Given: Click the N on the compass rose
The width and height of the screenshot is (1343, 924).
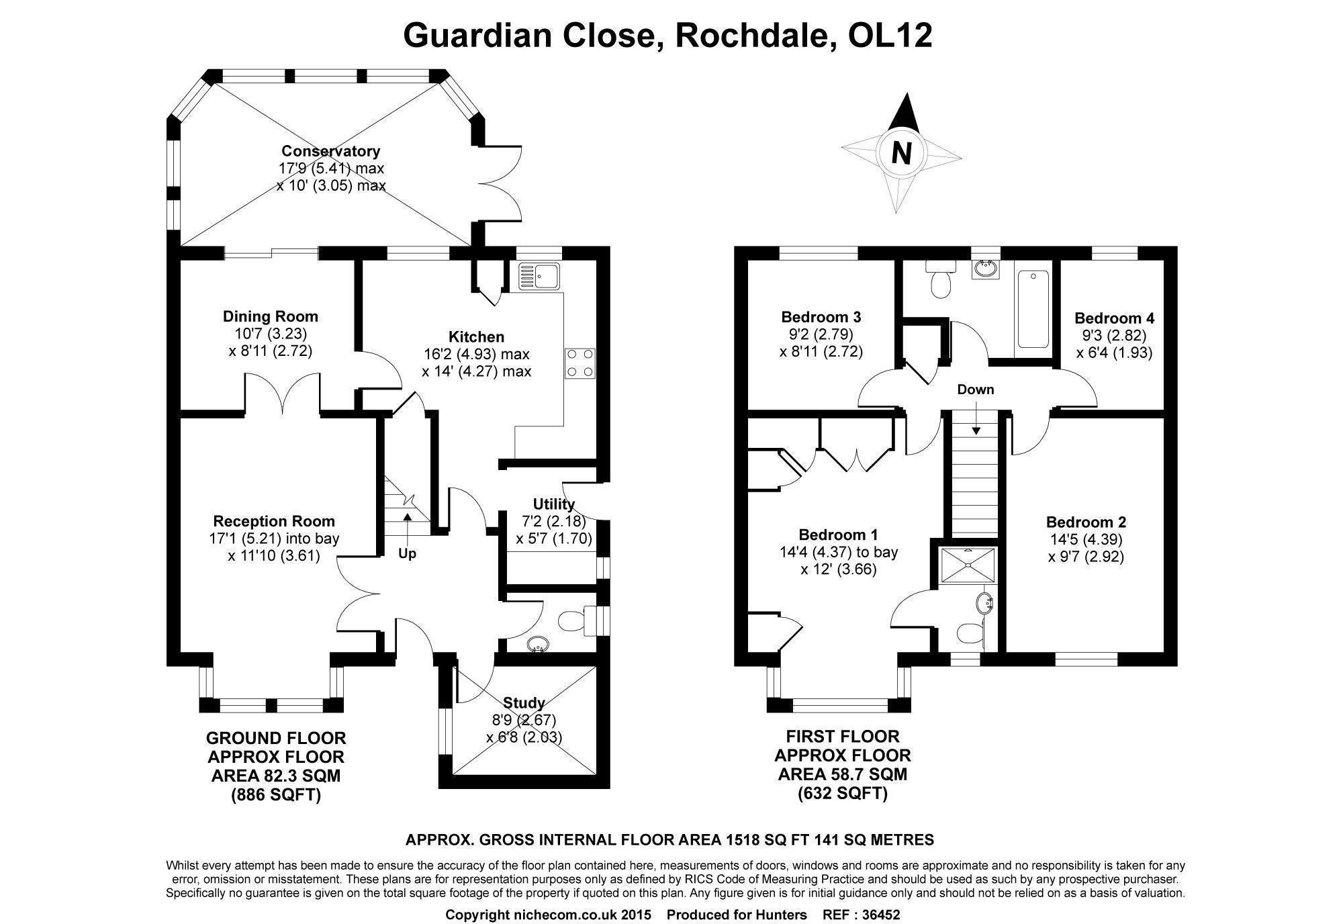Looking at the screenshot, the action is [901, 154].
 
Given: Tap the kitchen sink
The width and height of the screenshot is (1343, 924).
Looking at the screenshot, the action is [540, 276].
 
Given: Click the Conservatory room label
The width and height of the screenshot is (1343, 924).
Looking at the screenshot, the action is [330, 151].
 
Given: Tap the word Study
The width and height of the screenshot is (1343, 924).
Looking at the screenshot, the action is [524, 703].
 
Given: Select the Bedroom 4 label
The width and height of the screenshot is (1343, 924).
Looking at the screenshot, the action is [1114, 318].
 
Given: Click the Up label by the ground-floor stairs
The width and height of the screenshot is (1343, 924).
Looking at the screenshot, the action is [407, 554].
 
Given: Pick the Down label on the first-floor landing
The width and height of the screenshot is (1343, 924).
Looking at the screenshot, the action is [975, 389].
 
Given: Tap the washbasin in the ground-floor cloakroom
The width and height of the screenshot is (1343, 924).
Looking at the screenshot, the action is [538, 645].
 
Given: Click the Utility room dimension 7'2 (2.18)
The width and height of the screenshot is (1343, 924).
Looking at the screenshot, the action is [554, 521].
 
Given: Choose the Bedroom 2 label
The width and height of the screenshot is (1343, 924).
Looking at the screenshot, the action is [1086, 522].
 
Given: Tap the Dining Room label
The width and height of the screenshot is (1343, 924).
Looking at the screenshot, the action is [270, 316].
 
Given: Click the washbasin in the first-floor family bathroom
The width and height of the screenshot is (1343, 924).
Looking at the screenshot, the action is [985, 269].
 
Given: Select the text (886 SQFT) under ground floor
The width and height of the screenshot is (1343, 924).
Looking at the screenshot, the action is [276, 795].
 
